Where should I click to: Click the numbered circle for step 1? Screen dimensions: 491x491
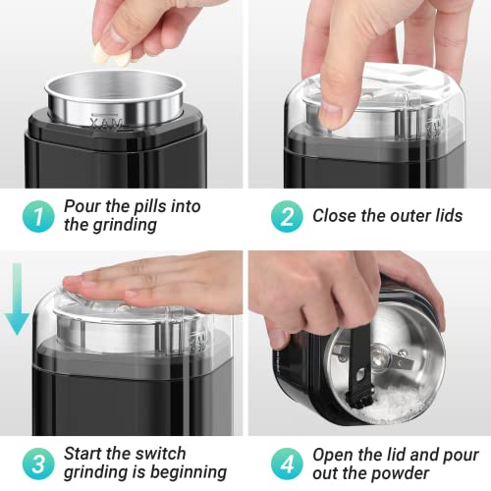[38, 216]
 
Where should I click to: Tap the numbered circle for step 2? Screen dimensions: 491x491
[287, 216]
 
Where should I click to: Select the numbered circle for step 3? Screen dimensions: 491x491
[38, 464]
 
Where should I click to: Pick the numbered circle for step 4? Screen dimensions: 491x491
[287, 464]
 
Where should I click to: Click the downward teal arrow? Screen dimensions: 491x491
[17, 300]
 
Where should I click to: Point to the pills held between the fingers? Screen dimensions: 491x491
[111, 55]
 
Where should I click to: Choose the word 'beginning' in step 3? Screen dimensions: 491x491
[189, 472]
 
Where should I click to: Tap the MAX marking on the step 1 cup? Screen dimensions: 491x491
[107, 124]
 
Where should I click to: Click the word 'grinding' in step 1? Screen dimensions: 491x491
[125, 226]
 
